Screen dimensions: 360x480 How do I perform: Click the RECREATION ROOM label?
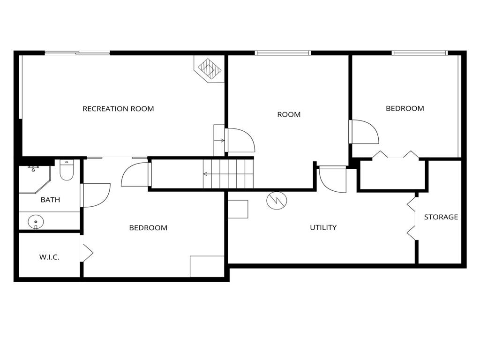[x=118, y=109]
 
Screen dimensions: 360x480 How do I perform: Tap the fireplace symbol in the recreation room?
[x=210, y=70]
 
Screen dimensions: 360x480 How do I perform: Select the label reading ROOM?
[x=289, y=114]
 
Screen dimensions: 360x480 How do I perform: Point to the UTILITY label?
[x=323, y=227]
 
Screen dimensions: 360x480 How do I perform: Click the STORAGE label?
[x=441, y=217]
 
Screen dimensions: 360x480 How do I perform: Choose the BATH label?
[x=50, y=200]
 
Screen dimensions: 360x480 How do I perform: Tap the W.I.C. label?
[x=49, y=257]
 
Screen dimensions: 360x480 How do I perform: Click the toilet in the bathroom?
[x=67, y=171]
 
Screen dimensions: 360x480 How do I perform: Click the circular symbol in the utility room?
[x=277, y=200]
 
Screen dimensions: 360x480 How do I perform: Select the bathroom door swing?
[x=96, y=195]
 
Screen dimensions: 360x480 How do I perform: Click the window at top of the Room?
[x=283, y=53]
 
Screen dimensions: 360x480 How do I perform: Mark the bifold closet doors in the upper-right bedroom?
[x=395, y=155]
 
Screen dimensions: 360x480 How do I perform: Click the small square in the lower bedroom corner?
[x=207, y=266]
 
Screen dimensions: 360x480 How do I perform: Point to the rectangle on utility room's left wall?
[x=238, y=209]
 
